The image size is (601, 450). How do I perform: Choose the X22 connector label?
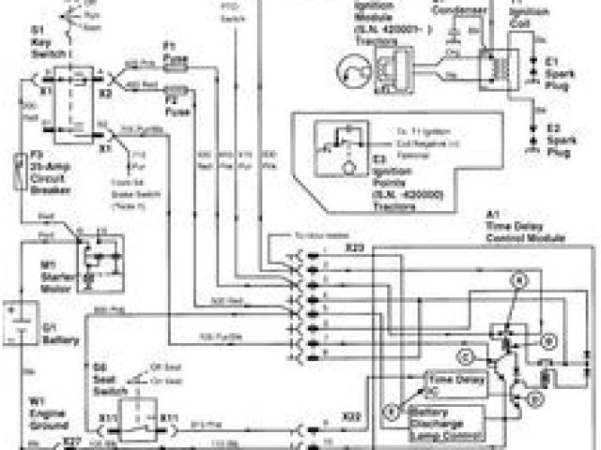[351, 414]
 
